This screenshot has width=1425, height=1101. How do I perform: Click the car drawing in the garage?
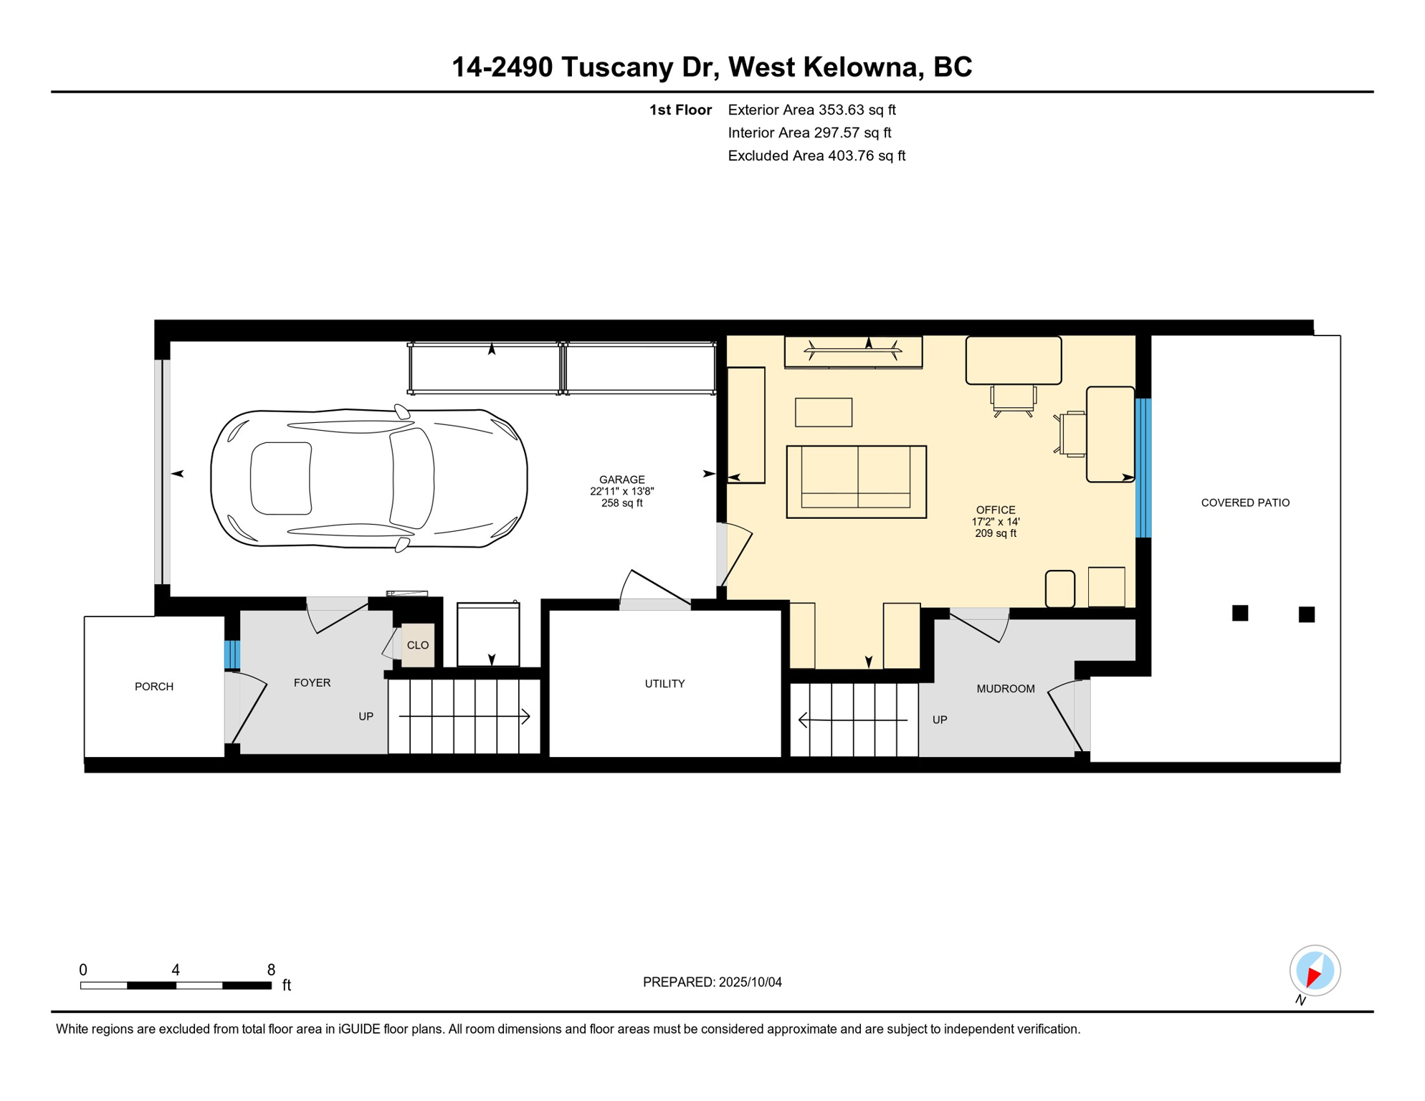click(x=369, y=479)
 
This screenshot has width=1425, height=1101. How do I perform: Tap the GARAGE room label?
click(x=621, y=480)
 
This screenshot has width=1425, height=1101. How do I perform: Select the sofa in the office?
click(x=856, y=482)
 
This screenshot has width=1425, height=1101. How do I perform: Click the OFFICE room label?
click(x=995, y=510)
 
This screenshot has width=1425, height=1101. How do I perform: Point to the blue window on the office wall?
click(x=1143, y=467)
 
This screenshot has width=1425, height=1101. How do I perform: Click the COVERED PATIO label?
click(x=1245, y=503)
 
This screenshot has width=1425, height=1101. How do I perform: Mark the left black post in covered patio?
click(x=1240, y=613)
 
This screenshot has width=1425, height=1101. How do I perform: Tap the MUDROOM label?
click(x=1005, y=689)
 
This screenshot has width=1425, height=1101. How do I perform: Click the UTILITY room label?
click(x=664, y=684)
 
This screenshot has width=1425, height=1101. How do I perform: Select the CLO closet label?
click(x=418, y=645)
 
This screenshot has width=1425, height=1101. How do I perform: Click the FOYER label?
click(x=312, y=683)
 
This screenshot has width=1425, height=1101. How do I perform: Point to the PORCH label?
click(x=154, y=687)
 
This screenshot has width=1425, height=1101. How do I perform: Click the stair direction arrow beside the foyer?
click(x=464, y=717)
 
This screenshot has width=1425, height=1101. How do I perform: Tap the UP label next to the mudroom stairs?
click(x=940, y=720)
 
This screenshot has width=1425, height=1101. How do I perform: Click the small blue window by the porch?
click(x=232, y=654)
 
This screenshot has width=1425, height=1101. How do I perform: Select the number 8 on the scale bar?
click(x=271, y=970)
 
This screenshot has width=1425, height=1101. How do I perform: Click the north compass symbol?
click(x=1315, y=971)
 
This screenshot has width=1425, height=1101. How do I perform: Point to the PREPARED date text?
click(x=712, y=982)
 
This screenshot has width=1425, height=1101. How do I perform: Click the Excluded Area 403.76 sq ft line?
click(x=816, y=156)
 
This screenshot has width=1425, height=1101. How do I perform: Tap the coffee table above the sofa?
click(x=823, y=412)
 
